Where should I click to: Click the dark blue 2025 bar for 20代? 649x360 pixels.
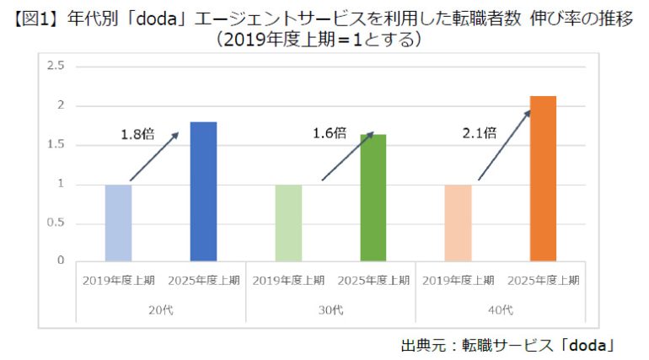[x=203, y=191]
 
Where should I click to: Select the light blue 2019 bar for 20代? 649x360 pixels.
[x=118, y=223]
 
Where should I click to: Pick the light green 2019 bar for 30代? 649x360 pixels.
[x=288, y=223]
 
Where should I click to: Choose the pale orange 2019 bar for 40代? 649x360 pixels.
[x=459, y=223]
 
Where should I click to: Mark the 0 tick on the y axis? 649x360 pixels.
[x=60, y=261]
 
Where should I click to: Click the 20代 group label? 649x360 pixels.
[x=161, y=310]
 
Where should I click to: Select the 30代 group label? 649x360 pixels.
[x=330, y=310]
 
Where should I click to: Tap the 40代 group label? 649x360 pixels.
[x=501, y=310]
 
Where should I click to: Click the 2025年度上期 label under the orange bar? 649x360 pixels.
[x=544, y=280]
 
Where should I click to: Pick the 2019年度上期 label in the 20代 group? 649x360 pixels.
[x=118, y=280]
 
